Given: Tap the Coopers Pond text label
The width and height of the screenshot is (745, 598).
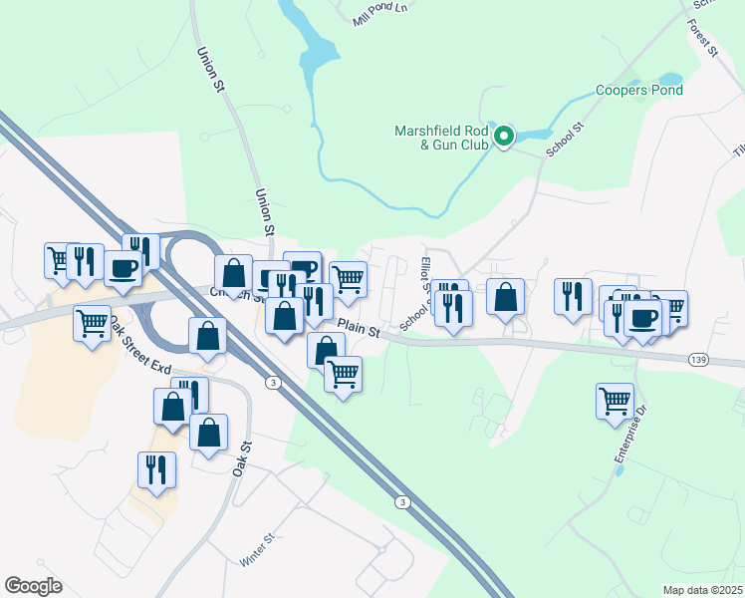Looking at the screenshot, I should pyautogui.click(x=639, y=91).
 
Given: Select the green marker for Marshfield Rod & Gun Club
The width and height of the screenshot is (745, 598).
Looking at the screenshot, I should pyautogui.click(x=504, y=137).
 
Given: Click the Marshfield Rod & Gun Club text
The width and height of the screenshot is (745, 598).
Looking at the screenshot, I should pyautogui.click(x=442, y=138).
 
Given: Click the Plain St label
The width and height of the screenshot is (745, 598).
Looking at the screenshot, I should pyautogui.click(x=360, y=328).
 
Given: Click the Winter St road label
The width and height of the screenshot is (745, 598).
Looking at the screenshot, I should pyautogui.click(x=258, y=549).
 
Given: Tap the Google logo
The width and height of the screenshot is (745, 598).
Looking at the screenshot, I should pyautogui.click(x=33, y=586).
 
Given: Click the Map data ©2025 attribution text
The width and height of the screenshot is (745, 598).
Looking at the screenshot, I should pyautogui.click(x=703, y=590).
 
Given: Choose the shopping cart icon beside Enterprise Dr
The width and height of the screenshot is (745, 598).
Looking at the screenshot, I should pyautogui.click(x=615, y=401).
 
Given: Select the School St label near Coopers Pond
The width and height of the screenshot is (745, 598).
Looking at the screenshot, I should pyautogui.click(x=563, y=141).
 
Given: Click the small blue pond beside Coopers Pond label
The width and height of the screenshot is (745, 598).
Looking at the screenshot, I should pyautogui.click(x=670, y=78).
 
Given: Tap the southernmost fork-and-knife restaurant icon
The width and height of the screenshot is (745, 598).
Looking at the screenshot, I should pyautogui.click(x=156, y=468).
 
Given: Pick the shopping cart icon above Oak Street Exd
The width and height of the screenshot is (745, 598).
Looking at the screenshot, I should pyautogui.click(x=92, y=322).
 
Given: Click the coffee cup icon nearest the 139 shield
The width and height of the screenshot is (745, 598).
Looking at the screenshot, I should pyautogui.click(x=643, y=317).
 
